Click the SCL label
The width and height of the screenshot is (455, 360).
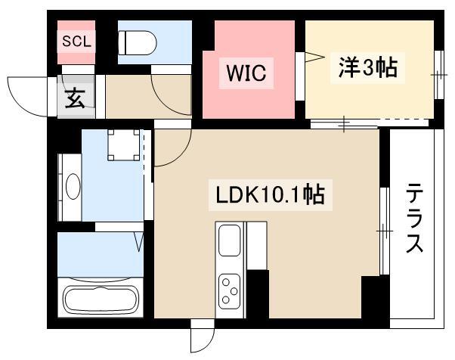coord(76,42)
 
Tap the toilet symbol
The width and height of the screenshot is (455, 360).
coord(138,42)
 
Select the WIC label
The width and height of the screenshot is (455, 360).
coord(246,73)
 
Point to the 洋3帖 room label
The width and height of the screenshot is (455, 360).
coord(367,67)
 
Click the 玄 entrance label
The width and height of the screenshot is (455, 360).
coord(75,98)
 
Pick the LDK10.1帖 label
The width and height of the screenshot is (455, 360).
coord(270,195)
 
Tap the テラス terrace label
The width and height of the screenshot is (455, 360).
coord(414,218)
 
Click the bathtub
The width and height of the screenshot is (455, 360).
coord(101,299)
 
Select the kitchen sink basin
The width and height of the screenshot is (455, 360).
coord(229,241)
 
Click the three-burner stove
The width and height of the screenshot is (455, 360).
coord(229,291)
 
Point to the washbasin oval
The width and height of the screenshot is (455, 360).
coord(73,186)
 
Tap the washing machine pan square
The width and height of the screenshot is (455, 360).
coord(124,145)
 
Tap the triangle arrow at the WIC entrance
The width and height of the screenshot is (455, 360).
coord(314,57)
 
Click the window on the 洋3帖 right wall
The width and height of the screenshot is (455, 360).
coord(439,75)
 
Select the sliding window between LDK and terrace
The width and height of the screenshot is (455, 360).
coord(385,231)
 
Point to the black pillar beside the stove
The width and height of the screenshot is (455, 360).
coord(258,293)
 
